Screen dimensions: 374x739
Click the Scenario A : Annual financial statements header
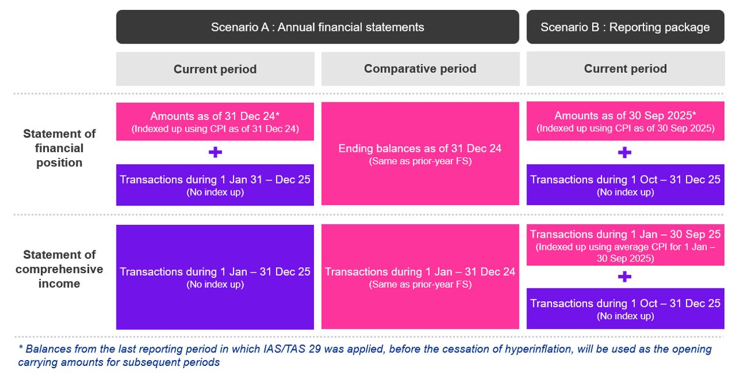317,27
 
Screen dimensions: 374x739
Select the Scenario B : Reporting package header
625,27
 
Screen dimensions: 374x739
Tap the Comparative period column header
420,69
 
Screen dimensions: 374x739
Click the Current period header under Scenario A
215,69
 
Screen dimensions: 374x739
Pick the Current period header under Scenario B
625,69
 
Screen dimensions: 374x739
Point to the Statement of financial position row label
59,148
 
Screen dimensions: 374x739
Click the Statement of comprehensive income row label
59,269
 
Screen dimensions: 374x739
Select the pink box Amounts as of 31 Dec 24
215,122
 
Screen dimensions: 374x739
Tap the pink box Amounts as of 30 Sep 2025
625,121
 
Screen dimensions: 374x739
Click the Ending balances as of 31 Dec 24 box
420,154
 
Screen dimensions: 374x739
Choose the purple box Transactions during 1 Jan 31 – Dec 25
215,185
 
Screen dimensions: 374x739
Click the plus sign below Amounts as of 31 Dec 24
215,153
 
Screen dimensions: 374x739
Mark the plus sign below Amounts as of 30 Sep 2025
624,153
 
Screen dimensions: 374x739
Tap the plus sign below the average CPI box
624,277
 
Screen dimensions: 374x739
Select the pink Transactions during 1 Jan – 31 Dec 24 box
420,277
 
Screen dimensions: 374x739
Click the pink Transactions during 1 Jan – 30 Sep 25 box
625,245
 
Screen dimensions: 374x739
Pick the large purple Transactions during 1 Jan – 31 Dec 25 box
215,277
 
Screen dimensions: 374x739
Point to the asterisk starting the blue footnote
20,349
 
